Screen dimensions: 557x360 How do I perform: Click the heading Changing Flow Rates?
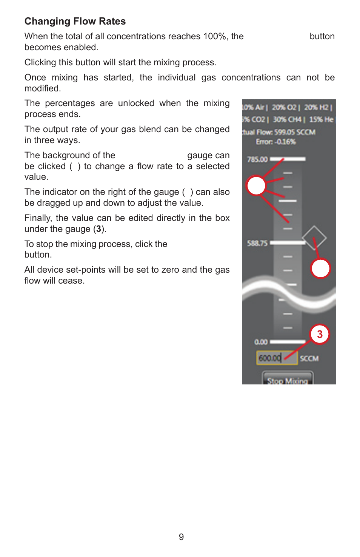[x=75, y=21]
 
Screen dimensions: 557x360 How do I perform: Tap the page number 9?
[x=181, y=537]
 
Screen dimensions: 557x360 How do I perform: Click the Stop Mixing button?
[x=288, y=380]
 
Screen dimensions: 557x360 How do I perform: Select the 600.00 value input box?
[x=270, y=358]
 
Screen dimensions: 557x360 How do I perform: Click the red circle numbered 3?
[x=320, y=334]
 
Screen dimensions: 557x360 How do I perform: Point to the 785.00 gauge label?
[x=257, y=159]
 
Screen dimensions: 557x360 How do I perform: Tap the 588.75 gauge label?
[x=257, y=243]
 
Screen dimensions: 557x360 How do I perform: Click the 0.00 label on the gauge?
[x=261, y=342]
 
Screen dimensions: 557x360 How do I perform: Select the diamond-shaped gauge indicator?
[x=314, y=238]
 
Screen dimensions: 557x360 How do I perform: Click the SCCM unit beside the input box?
[x=309, y=358]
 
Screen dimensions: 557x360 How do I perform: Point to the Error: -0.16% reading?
[x=276, y=142]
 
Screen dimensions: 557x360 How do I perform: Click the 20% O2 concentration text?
[x=284, y=108]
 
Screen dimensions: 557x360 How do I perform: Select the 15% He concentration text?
[x=321, y=120]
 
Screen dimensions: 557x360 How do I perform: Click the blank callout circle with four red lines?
[x=256, y=185]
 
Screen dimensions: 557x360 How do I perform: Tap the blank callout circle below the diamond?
[x=320, y=268]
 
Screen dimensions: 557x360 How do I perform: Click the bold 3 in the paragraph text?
[x=98, y=229]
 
